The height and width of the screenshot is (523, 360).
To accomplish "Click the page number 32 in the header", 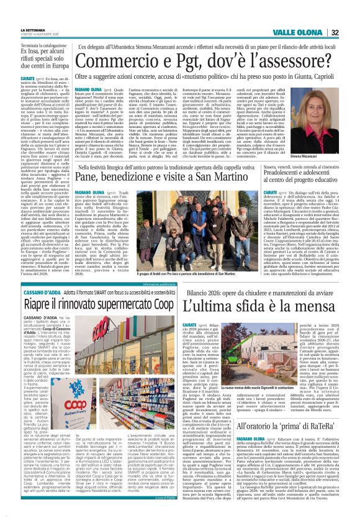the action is (352, 33).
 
